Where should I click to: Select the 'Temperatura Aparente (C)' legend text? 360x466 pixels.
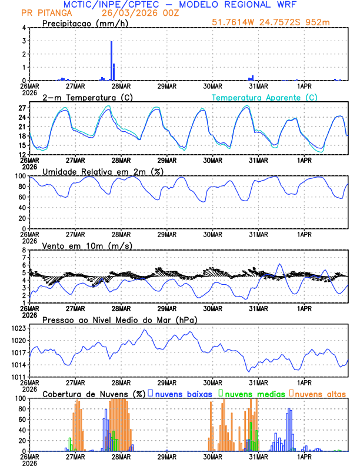(x=265, y=97)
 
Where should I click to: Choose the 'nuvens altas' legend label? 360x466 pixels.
(x=320, y=393)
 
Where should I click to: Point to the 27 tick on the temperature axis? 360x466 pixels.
(x=22, y=108)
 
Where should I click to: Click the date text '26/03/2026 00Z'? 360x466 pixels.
(x=135, y=12)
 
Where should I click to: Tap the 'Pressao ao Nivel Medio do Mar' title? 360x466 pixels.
(x=119, y=319)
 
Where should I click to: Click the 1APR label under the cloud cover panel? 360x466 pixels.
(x=304, y=457)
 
